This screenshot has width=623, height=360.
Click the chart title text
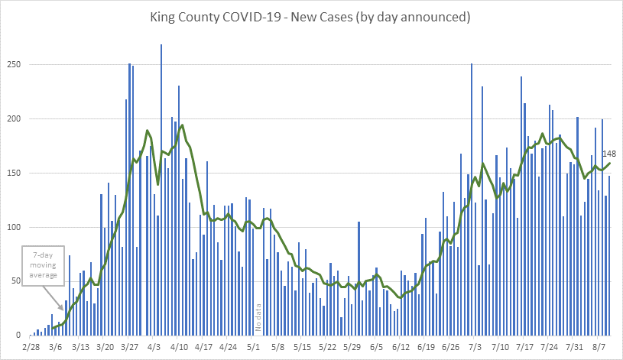pos(311,16)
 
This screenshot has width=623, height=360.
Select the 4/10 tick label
pos(179,347)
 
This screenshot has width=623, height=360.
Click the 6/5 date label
pos(376,347)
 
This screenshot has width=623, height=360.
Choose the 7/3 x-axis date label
pos(474,347)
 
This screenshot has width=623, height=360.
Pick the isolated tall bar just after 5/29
pos(359,278)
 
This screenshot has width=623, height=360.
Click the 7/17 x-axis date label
pos(524,347)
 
